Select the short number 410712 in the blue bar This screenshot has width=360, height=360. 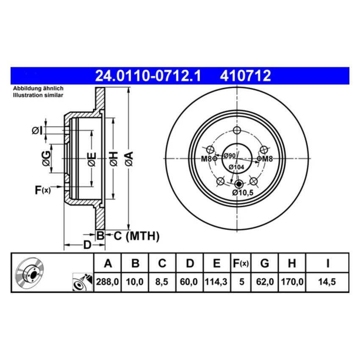click(245, 76)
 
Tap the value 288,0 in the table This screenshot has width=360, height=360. click(108, 280)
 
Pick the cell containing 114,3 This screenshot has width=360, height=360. click(216, 280)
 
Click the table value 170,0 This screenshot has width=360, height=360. click(291, 280)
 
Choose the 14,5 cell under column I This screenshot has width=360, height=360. click(327, 280)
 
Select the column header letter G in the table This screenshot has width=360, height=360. click(265, 263)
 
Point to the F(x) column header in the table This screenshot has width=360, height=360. click(241, 263)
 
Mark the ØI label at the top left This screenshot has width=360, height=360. click(37, 131)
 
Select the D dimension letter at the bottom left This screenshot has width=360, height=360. click(86, 245)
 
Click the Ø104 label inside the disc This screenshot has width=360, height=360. click(236, 167)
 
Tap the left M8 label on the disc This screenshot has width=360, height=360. click(206, 159)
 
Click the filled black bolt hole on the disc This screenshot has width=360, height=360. click(238, 184)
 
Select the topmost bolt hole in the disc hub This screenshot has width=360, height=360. click(237, 130)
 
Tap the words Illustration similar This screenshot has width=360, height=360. click(38, 95)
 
